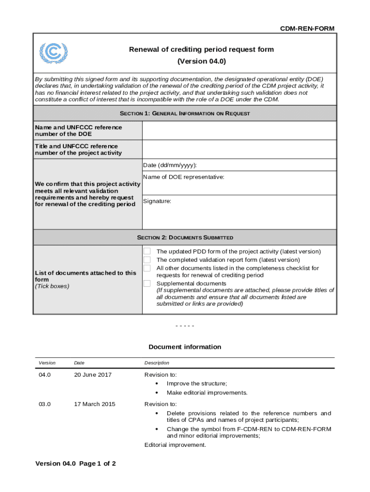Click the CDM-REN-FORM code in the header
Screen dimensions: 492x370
pos(307,29)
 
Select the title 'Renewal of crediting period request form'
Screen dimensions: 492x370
pos(201,49)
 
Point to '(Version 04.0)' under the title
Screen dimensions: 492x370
pos(201,61)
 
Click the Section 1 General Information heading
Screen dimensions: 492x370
pos(185,113)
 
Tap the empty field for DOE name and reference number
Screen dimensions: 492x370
pos(239,130)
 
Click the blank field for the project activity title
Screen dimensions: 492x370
pos(239,149)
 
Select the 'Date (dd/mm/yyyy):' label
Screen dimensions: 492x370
pos(170,165)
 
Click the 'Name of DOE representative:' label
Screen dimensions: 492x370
pos(184,177)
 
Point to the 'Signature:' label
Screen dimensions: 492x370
pos(157,201)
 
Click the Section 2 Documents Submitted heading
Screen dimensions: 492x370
pos(185,237)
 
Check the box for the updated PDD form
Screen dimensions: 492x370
pos(148,251)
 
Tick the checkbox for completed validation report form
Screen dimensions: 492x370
pos(148,259)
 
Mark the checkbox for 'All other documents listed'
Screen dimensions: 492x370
pos(148,268)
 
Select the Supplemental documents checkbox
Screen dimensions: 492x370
pos(148,283)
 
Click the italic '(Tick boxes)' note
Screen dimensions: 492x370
pos(52,286)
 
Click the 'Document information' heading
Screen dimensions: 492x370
pos(185,347)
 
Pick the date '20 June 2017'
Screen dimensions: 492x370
pos(92,375)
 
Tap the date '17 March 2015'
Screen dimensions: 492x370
pos(94,404)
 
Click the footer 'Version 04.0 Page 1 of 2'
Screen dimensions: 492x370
pos(75,464)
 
